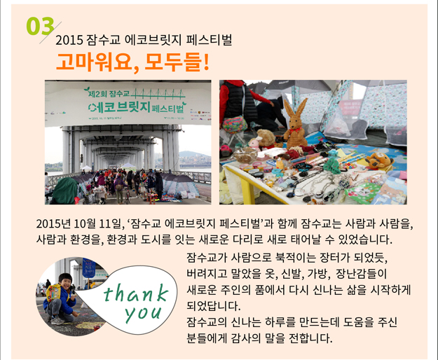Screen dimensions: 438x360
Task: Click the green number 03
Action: tap(40, 26)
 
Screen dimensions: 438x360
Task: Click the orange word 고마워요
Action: tap(94, 62)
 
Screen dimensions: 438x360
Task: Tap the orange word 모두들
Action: tap(173, 62)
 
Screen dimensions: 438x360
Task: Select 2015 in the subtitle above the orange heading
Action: tap(69, 41)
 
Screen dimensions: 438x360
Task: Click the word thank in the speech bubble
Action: tap(136, 293)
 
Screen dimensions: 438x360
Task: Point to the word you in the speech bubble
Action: tap(144, 314)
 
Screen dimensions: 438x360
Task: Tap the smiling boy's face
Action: tap(65, 281)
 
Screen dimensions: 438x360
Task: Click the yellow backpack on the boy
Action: tap(55, 292)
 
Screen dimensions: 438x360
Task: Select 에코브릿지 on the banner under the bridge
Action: tap(119, 107)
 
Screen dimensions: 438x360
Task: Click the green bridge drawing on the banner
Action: tap(158, 94)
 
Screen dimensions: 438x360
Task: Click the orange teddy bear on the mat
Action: tap(379, 161)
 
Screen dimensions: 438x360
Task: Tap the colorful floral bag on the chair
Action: tap(235, 125)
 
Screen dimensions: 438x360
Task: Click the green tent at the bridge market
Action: tap(65, 191)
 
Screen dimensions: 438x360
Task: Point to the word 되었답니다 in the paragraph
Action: tap(214, 306)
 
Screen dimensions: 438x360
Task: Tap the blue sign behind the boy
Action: tap(89, 268)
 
